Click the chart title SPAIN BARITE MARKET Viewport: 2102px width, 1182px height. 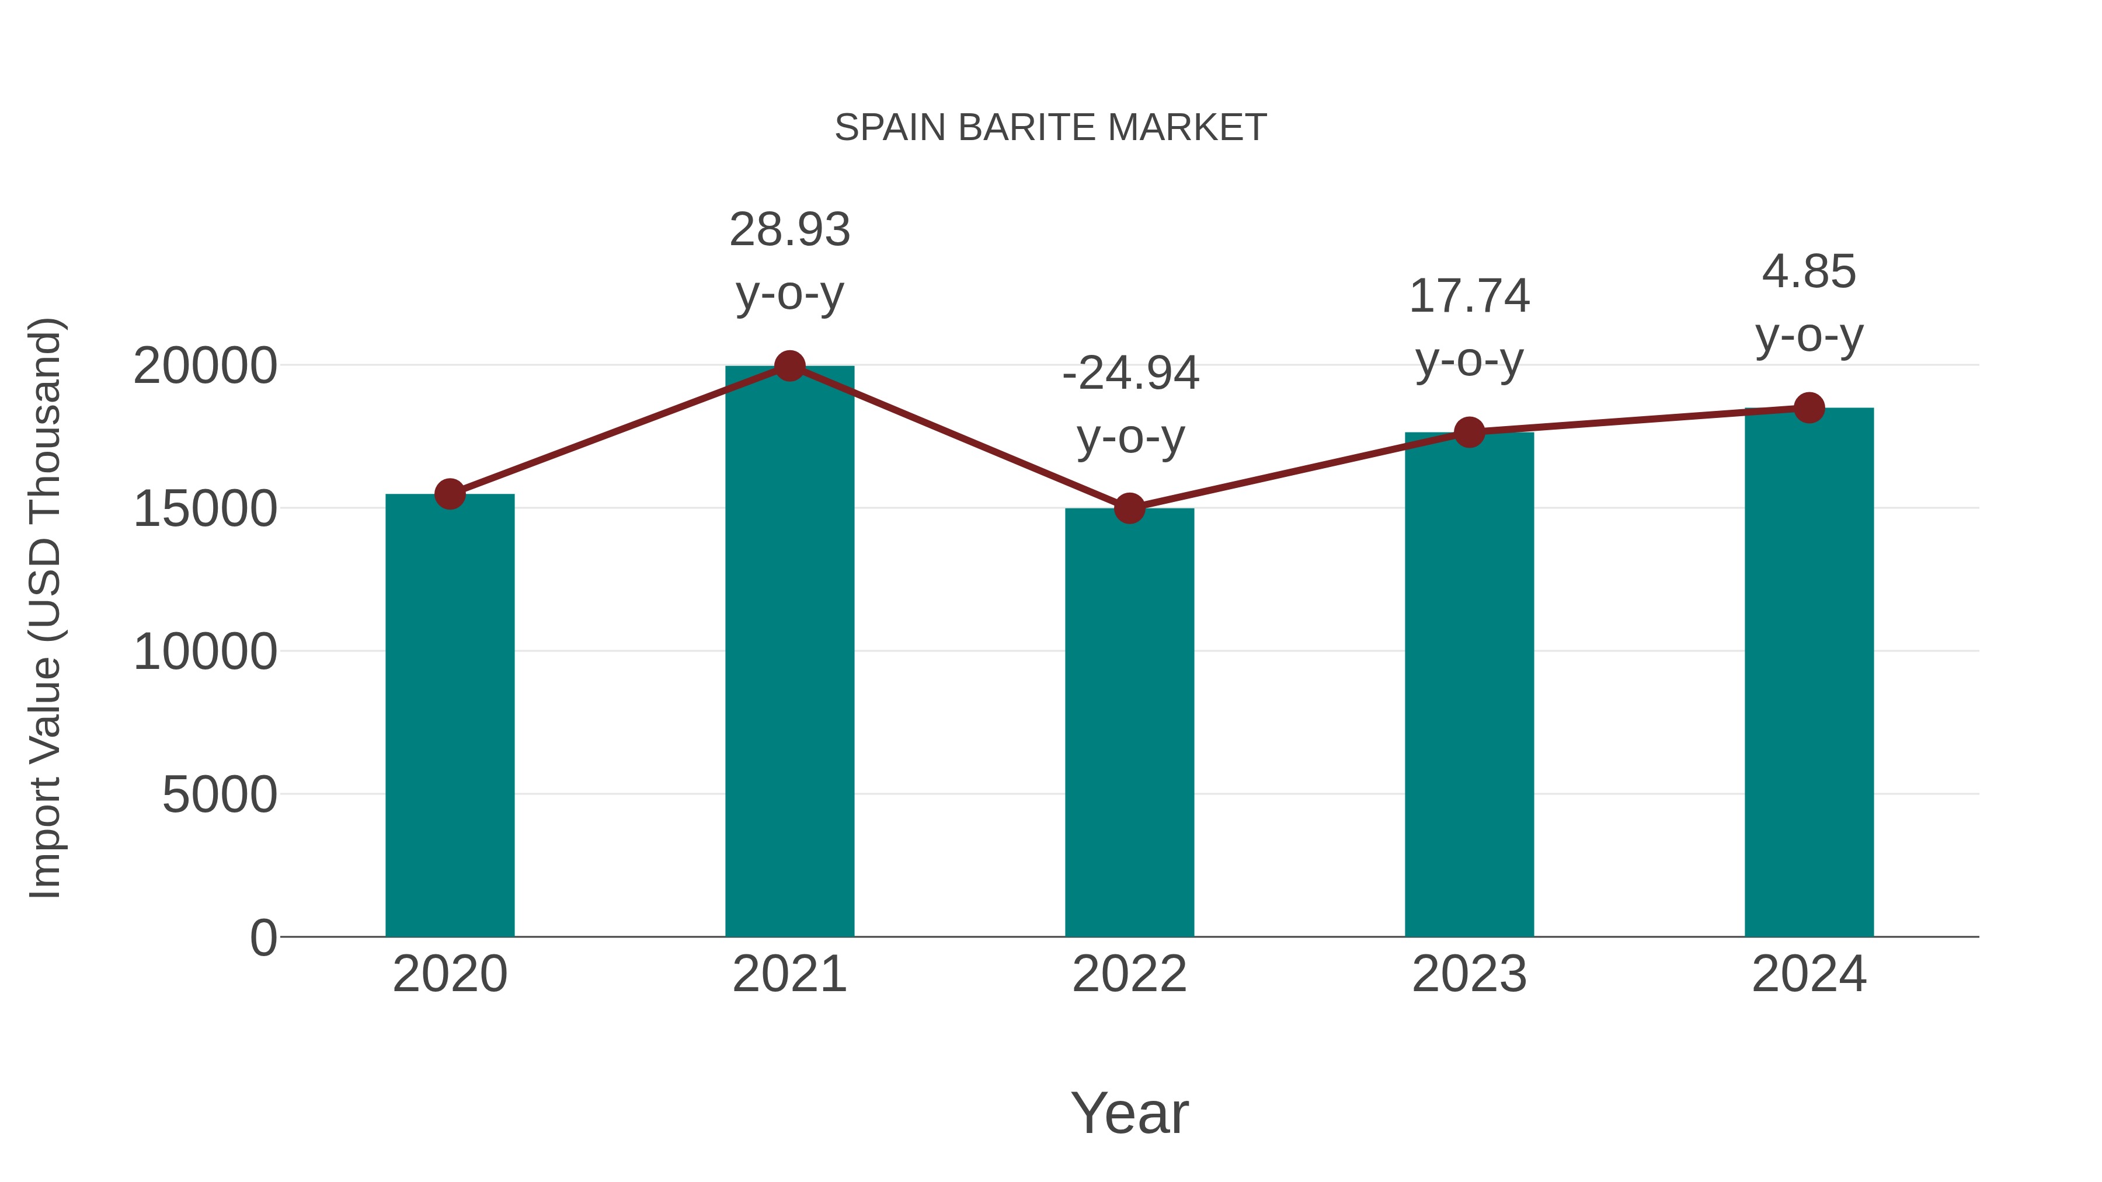coord(1050,128)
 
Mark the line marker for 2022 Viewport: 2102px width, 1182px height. coord(1129,508)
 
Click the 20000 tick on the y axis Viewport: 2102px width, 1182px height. coord(205,366)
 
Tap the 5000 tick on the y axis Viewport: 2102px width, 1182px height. coord(220,794)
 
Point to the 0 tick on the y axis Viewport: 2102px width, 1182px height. coord(263,937)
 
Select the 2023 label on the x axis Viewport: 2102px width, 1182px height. coord(1469,974)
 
